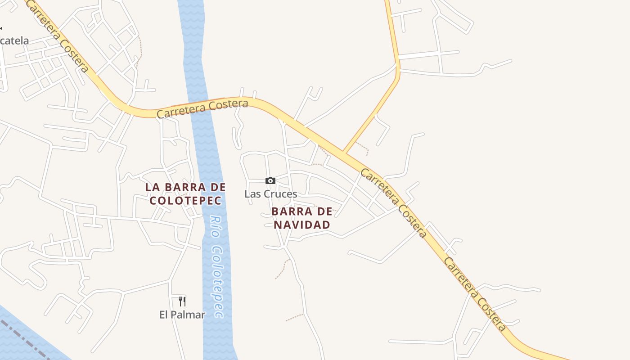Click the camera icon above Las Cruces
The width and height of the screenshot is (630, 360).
270,180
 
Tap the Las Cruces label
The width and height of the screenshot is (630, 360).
270,194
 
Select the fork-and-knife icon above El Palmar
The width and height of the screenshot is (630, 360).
182,301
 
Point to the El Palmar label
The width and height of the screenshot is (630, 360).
182,315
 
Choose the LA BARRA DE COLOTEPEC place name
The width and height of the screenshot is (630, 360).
185,193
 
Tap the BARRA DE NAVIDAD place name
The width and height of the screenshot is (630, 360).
302,218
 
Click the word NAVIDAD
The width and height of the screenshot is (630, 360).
302,224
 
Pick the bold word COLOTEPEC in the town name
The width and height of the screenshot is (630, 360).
185,200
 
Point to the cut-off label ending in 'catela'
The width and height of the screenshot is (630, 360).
14,41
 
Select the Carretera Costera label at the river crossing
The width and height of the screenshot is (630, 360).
202,108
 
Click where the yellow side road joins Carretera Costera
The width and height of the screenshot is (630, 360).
344,152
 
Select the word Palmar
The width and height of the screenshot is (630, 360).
189,315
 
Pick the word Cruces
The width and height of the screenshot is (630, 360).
280,194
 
